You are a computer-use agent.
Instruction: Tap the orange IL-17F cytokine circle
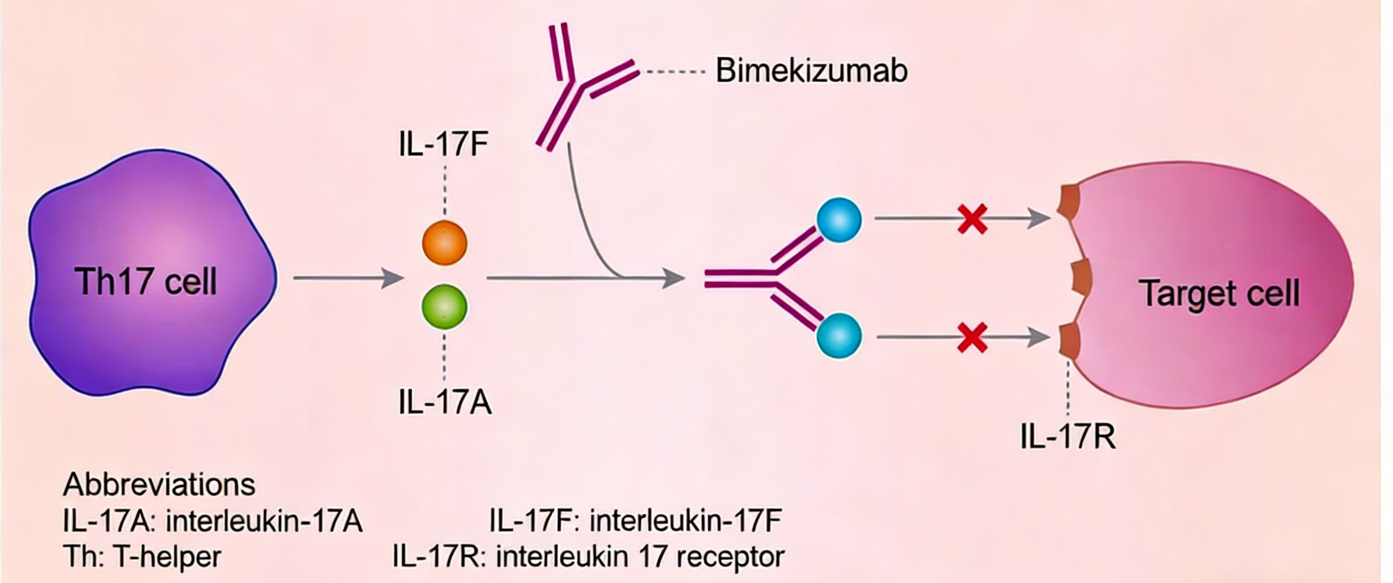[444, 243]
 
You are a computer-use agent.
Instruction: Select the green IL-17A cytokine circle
[444, 307]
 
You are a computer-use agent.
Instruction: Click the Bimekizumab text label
[811, 71]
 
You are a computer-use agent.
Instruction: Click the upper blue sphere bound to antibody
[839, 220]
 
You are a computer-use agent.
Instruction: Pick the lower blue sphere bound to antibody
[839, 335]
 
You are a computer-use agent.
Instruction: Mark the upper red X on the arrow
[972, 219]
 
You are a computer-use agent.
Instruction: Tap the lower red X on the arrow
[972, 337]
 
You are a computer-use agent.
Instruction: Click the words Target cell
[1219, 294]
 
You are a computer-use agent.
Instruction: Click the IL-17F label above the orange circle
[443, 144]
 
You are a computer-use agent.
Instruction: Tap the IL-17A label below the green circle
[444, 403]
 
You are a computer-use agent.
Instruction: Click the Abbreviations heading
[159, 484]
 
